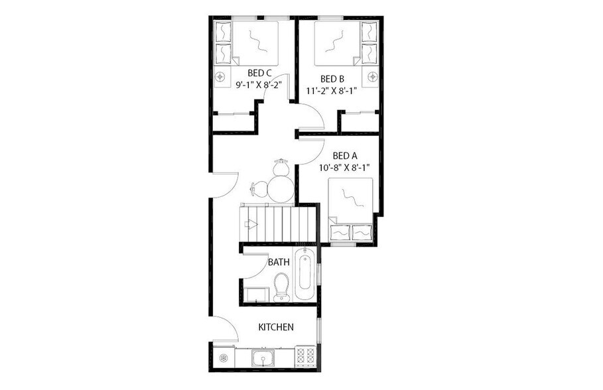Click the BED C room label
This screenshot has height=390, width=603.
(259, 73)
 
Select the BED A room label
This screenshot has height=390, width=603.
(345, 157)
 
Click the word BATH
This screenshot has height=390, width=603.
(279, 262)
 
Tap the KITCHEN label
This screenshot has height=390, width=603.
(276, 327)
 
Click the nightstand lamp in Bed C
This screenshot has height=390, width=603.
(222, 76)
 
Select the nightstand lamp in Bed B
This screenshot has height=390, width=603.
(372, 76)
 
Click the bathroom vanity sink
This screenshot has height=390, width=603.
(254, 293)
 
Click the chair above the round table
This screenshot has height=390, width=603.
(281, 165)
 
